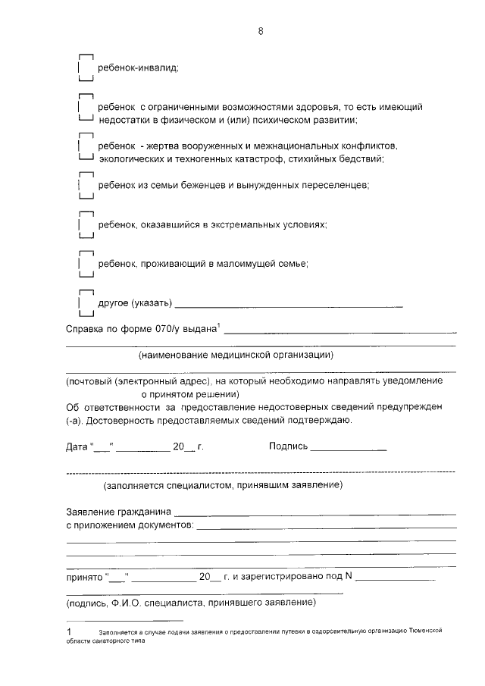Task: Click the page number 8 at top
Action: click(x=260, y=31)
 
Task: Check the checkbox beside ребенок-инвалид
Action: click(x=86, y=67)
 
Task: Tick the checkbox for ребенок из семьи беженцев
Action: click(x=86, y=185)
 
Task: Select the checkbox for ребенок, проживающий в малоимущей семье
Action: click(x=86, y=263)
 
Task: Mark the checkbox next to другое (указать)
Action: click(x=86, y=303)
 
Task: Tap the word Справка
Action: click(x=86, y=330)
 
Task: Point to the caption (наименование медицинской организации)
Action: click(x=236, y=355)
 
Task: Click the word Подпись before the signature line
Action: click(x=288, y=446)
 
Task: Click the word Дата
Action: click(x=77, y=446)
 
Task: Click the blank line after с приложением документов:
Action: click(x=327, y=526)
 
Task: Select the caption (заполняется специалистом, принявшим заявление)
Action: click(x=224, y=484)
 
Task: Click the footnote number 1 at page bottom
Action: click(x=68, y=631)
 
